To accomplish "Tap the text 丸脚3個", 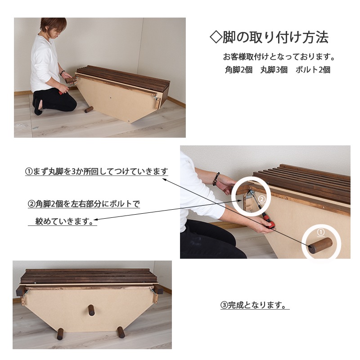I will click(274, 70).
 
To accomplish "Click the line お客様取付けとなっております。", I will click(279, 57).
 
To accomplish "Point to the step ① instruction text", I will click(96, 171).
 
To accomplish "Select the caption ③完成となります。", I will click(254, 306).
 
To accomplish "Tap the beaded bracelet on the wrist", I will click(216, 179).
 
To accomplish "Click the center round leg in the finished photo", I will click(91, 310).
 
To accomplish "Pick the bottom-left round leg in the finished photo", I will click(60, 333).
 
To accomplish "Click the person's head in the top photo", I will click(53, 27).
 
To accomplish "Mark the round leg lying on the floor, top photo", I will click(89, 109).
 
